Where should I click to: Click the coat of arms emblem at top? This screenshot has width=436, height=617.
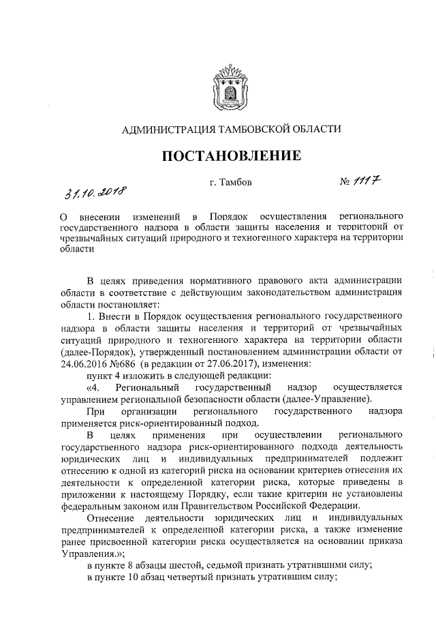pos(230,85)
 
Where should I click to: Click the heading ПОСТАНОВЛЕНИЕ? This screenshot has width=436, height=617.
pos(231,156)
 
